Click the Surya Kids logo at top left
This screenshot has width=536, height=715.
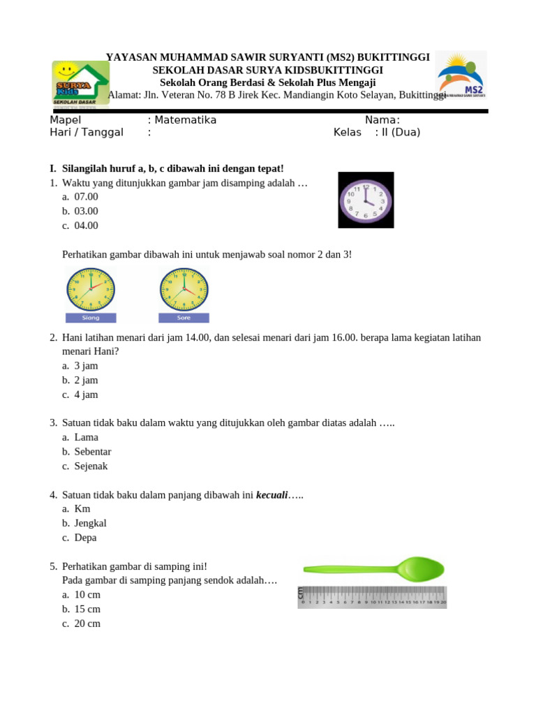[81, 83]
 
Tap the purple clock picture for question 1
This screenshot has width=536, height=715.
[366, 200]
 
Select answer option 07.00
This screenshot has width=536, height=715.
[86, 197]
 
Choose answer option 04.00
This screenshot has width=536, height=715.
[86, 226]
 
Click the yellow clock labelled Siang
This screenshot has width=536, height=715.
[91, 289]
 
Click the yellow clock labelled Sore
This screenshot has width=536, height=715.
[184, 289]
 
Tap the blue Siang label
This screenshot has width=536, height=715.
[91, 318]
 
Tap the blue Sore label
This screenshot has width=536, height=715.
[184, 318]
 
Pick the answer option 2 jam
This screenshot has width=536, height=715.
[86, 381]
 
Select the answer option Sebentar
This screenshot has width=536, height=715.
[92, 452]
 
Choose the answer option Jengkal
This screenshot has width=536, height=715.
[90, 523]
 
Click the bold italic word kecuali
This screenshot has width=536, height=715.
[272, 495]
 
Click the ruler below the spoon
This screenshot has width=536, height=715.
[372, 598]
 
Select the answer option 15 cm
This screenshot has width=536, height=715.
[87, 609]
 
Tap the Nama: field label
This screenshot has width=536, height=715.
[382, 120]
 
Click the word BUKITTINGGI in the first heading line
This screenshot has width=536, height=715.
[392, 57]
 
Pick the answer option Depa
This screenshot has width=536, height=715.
[85, 538]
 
